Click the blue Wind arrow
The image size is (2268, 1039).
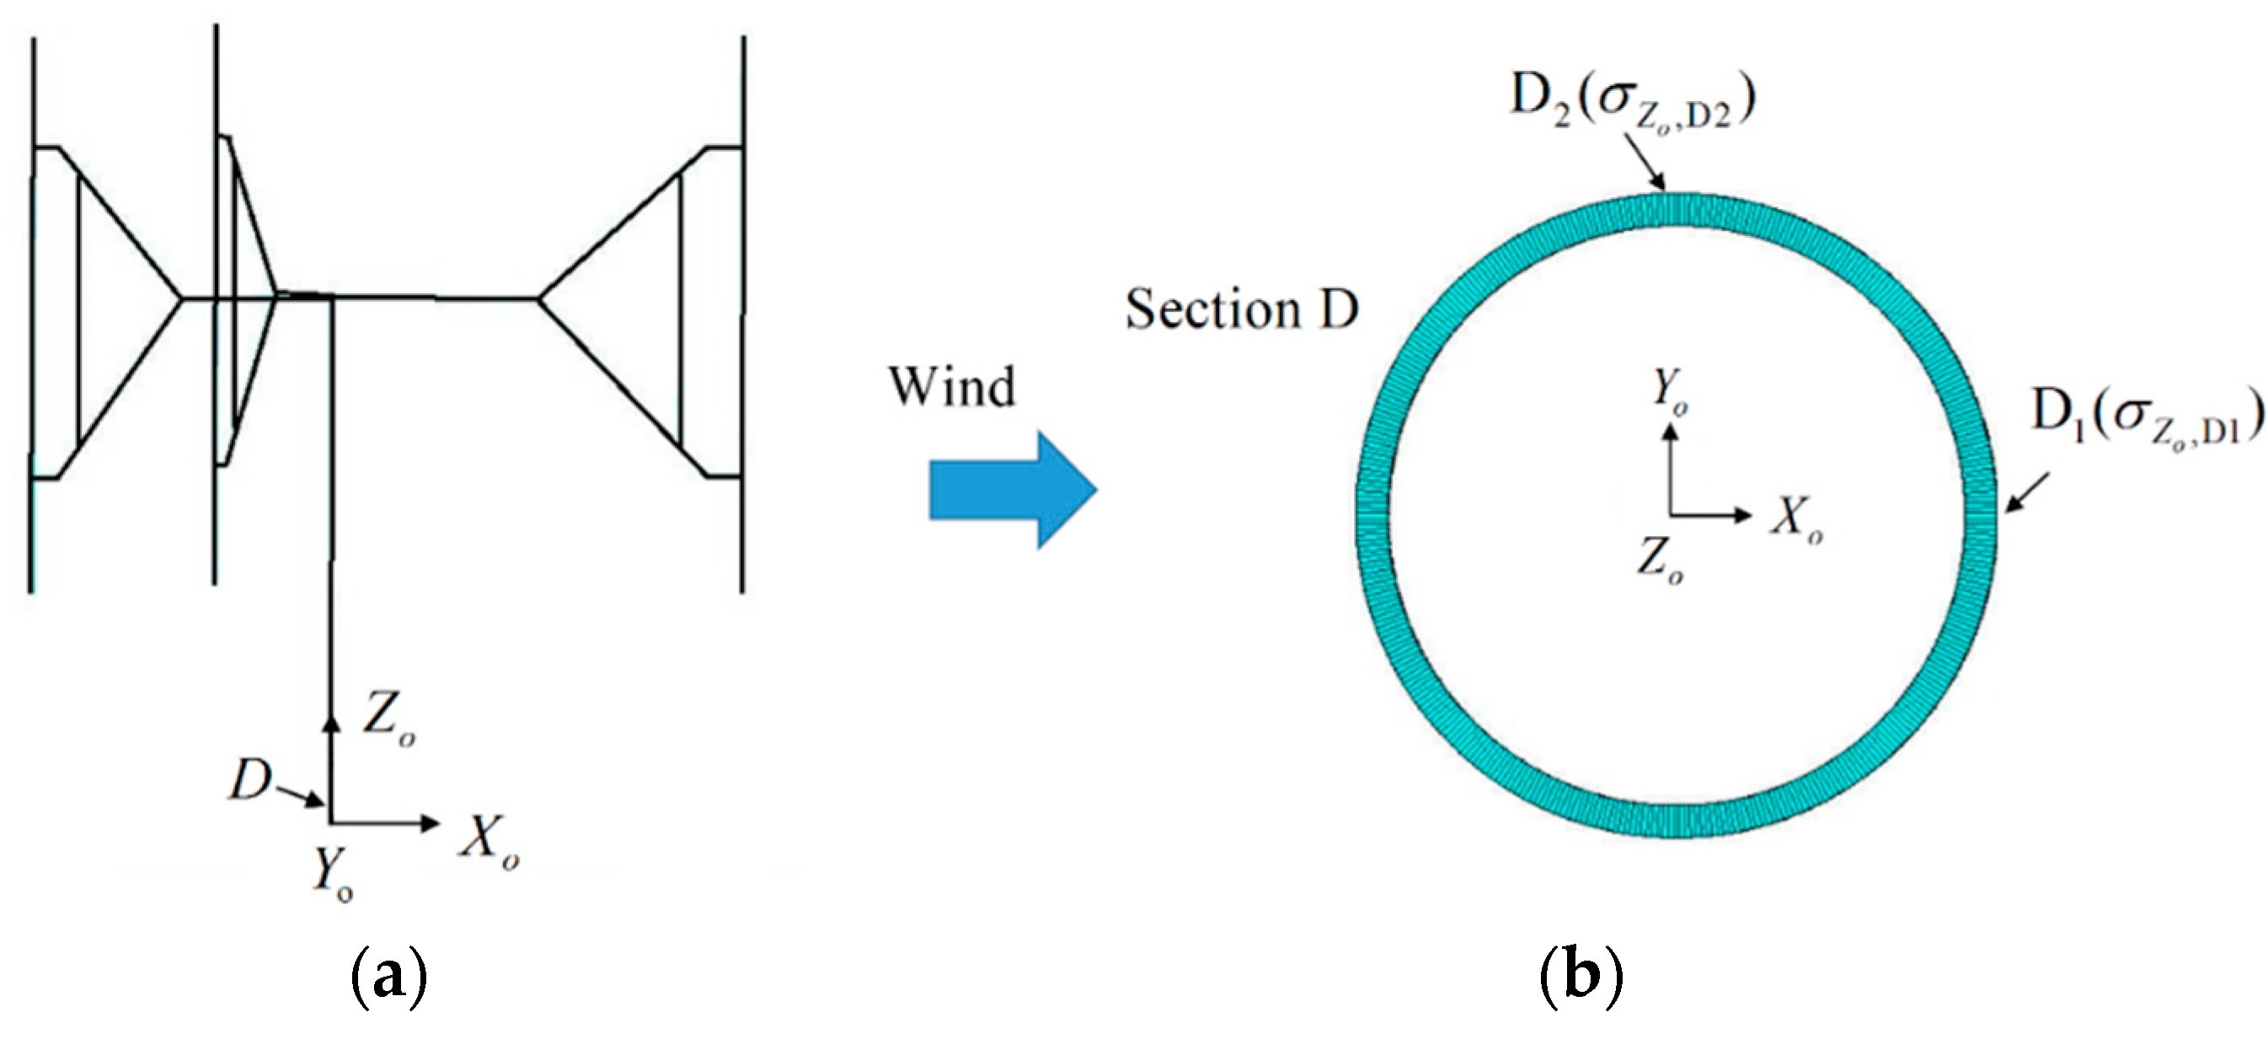(x=1013, y=490)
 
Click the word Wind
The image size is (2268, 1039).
(x=952, y=387)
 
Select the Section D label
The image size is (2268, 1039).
(x=1241, y=310)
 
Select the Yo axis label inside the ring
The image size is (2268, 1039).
(x=1669, y=390)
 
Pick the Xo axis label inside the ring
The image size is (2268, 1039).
(x=1796, y=519)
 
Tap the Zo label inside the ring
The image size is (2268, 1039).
(x=1660, y=560)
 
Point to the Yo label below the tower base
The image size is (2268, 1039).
(x=333, y=874)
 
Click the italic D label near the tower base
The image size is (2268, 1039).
(x=250, y=780)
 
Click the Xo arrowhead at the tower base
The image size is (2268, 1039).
(x=431, y=823)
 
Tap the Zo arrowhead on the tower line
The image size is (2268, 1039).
(x=332, y=722)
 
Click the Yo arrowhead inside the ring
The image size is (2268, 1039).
(x=1669, y=432)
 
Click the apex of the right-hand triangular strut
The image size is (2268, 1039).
(x=540, y=299)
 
